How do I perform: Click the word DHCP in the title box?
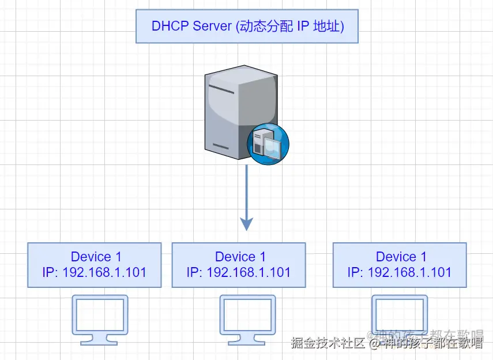coord(170,26)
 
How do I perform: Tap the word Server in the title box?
coord(212,26)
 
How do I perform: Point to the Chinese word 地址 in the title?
coord(326,26)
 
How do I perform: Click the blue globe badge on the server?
coord(268,144)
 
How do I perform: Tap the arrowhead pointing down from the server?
coord(247,224)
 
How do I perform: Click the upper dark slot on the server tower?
coord(221,89)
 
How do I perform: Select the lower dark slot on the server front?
coord(221,146)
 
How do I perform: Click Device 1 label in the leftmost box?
coord(96,257)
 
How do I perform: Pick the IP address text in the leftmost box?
coord(95,272)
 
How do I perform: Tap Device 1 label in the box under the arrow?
coord(240,257)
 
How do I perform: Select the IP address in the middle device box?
coord(239,272)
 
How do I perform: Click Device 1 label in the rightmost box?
coord(401,257)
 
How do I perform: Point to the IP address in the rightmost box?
coord(400,272)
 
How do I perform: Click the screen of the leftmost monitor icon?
coord(100,314)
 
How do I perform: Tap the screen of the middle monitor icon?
coord(248,314)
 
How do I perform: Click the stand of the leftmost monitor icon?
coord(99,340)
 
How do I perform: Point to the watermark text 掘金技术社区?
coord(328,343)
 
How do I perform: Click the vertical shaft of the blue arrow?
coord(247,192)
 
